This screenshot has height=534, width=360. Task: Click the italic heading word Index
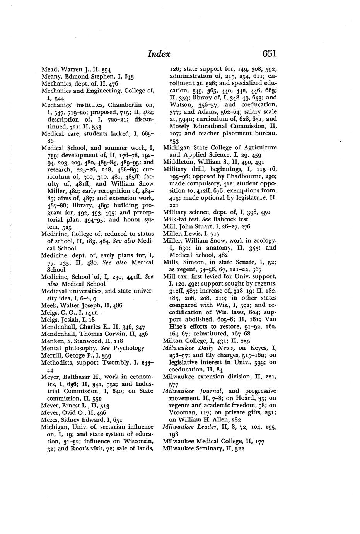coord(159,54)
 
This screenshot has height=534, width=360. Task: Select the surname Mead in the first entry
coord(49,70)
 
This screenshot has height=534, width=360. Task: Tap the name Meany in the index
coord(51,77)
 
